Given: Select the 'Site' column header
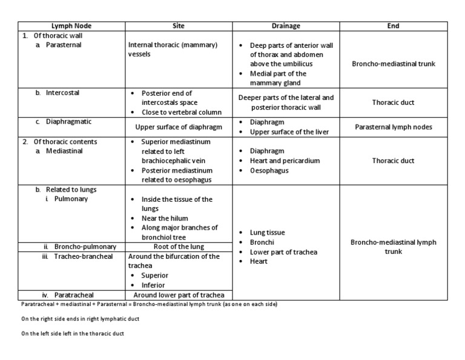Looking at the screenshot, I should pos(179,26).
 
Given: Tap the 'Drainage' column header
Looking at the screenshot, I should pos(286,26).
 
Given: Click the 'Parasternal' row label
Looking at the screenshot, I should pos(66,45).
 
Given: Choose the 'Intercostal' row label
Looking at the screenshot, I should pos(63,93).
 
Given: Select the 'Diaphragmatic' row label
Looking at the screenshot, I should pos(68,122).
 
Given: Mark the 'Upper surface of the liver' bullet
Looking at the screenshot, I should pos(289,132).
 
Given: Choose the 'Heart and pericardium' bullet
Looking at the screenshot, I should pos(285,161).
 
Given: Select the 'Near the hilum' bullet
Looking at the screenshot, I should pos(165,218).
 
